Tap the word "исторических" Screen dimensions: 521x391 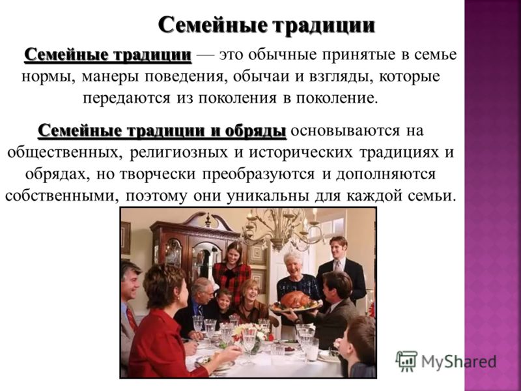(302, 152)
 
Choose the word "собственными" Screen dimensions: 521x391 (62, 196)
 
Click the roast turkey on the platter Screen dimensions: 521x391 (295, 299)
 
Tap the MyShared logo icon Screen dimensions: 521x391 (406, 360)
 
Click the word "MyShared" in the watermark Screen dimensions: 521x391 (458, 362)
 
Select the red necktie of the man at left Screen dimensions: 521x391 (132, 318)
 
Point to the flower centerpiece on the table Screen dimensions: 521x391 (249, 334)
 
